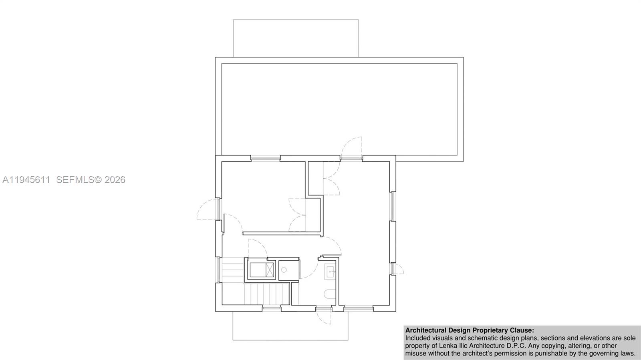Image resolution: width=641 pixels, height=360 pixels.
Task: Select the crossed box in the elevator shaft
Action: pyautogui.click(x=270, y=269)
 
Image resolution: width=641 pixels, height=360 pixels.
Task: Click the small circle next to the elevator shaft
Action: pyautogui.click(x=284, y=270)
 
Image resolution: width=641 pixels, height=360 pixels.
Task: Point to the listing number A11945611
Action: pyautogui.click(x=26, y=180)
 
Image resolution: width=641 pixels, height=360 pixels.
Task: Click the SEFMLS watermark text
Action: pyautogui.click(x=75, y=180)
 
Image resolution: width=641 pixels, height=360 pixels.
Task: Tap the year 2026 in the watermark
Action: pyautogui.click(x=115, y=180)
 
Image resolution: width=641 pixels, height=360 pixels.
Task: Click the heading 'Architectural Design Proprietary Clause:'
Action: pyautogui.click(x=470, y=330)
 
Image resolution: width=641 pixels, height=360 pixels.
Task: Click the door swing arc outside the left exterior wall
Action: pyautogui.click(x=206, y=209)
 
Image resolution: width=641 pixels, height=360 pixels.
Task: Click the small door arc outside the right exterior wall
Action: pyautogui.click(x=398, y=269)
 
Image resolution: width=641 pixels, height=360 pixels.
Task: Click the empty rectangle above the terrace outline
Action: pyautogui.click(x=296, y=38)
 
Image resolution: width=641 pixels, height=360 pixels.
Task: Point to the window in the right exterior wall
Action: pyautogui.click(x=393, y=206)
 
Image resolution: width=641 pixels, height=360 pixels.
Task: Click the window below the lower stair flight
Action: pyautogui.click(x=271, y=308)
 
